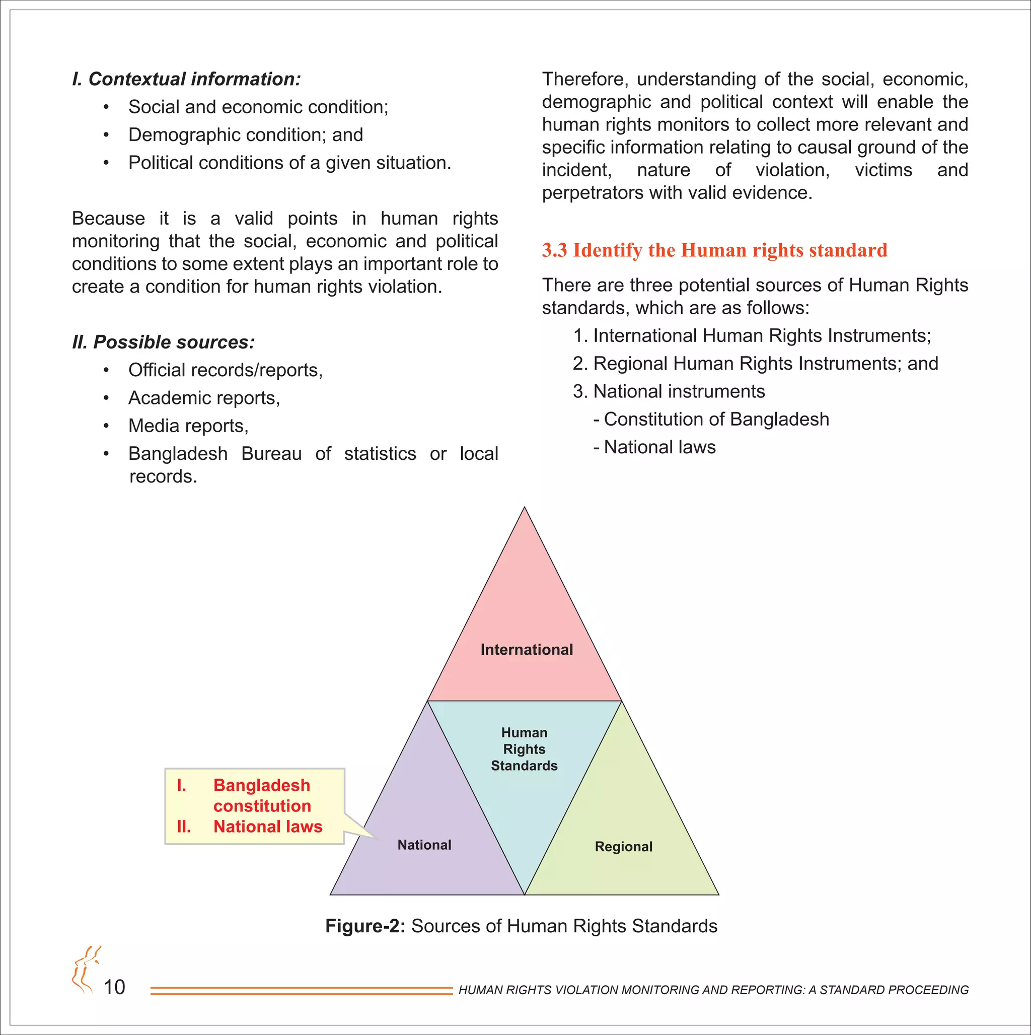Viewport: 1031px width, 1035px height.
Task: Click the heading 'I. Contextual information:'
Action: (186, 79)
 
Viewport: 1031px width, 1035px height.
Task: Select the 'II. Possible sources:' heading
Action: (163, 342)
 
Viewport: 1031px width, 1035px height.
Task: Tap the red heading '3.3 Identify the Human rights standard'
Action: (714, 250)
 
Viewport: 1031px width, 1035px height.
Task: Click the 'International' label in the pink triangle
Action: (527, 650)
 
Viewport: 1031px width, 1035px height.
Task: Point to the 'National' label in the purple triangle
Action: (424, 845)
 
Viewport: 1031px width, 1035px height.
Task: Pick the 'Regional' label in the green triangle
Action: (623, 847)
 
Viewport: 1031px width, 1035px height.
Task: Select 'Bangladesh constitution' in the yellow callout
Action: (262, 796)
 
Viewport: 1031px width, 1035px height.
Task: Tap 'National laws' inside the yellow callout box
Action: (268, 826)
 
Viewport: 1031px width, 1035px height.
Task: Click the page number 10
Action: (114, 987)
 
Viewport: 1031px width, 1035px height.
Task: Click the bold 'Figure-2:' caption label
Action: (365, 926)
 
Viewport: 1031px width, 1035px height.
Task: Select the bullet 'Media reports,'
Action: (188, 426)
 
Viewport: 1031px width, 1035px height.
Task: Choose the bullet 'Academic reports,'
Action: (204, 398)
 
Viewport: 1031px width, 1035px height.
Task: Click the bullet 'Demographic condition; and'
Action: (245, 135)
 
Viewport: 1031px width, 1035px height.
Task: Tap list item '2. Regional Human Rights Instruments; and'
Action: (755, 364)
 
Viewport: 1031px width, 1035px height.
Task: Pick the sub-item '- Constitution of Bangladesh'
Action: (711, 420)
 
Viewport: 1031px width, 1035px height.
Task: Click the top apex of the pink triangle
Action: (525, 509)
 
